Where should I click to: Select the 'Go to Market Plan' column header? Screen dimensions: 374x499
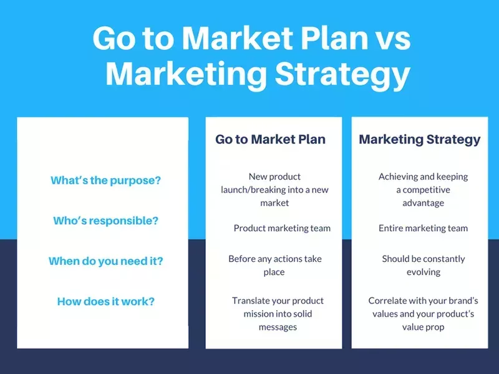(x=270, y=139)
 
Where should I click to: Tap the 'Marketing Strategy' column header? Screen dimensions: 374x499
(x=420, y=139)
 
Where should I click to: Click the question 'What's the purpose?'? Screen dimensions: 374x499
(x=105, y=181)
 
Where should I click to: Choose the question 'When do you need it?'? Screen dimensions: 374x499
(x=105, y=261)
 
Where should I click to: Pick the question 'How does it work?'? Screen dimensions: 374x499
(x=105, y=302)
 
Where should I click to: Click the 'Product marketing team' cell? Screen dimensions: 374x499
(x=282, y=228)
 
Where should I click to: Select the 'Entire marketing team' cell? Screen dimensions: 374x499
(x=423, y=228)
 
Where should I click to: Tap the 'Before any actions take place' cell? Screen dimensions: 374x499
(x=274, y=265)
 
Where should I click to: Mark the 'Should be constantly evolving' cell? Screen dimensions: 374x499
(x=424, y=265)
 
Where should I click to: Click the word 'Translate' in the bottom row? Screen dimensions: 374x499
(x=253, y=300)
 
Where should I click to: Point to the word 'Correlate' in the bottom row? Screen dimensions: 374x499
(x=389, y=300)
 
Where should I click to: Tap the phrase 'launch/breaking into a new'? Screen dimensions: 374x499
(x=274, y=189)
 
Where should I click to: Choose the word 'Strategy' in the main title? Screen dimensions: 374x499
(x=342, y=74)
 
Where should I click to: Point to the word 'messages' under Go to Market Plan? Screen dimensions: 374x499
(x=278, y=327)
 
